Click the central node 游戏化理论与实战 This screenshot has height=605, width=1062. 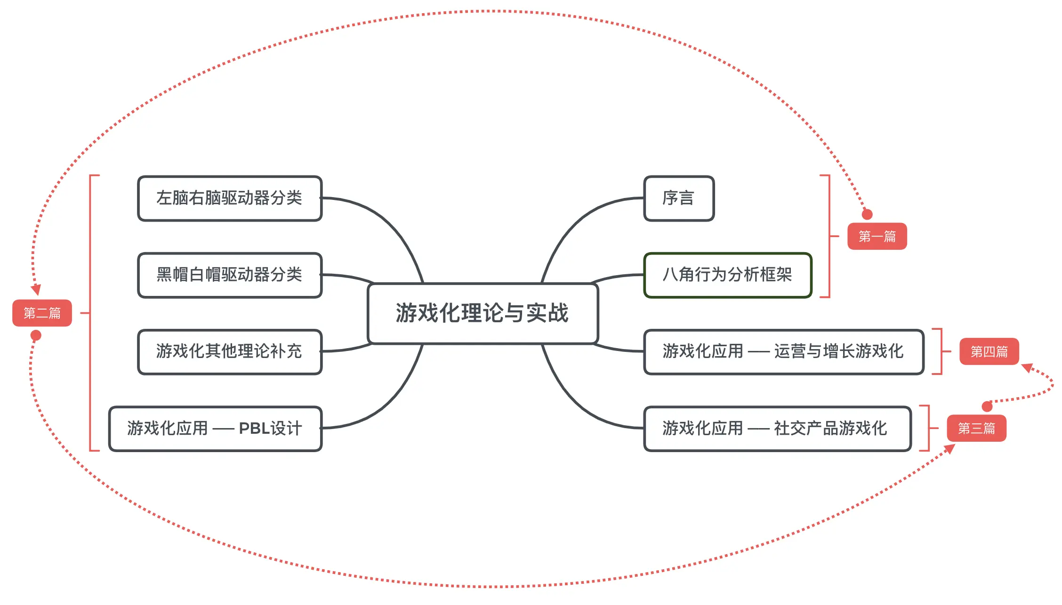pyautogui.click(x=483, y=313)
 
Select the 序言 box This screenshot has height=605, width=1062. pyautogui.click(x=678, y=198)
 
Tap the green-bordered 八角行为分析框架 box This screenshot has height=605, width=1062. pyautogui.click(x=727, y=275)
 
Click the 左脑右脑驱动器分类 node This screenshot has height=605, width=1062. pyautogui.click(x=229, y=198)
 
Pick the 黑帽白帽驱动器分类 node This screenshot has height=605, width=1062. pyautogui.click(x=229, y=275)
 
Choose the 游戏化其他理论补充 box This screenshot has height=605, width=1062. pyautogui.click(x=229, y=351)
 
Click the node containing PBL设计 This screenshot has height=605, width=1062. pyautogui.click(x=215, y=429)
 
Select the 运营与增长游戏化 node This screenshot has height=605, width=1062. pyautogui.click(x=783, y=351)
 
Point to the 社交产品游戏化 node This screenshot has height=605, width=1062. pyautogui.click(x=777, y=429)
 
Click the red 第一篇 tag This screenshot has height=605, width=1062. pyautogui.click(x=877, y=236)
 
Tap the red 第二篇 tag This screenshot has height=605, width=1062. pyautogui.click(x=42, y=313)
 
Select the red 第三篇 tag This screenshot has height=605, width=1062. pyautogui.click(x=976, y=428)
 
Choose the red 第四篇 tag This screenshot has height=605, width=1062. pyautogui.click(x=989, y=351)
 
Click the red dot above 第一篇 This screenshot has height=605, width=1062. pyautogui.click(x=867, y=215)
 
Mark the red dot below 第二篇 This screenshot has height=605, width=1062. pyautogui.click(x=36, y=335)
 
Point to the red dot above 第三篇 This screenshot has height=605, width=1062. pyautogui.click(x=987, y=406)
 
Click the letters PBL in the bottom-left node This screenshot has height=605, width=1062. pyautogui.click(x=254, y=429)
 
